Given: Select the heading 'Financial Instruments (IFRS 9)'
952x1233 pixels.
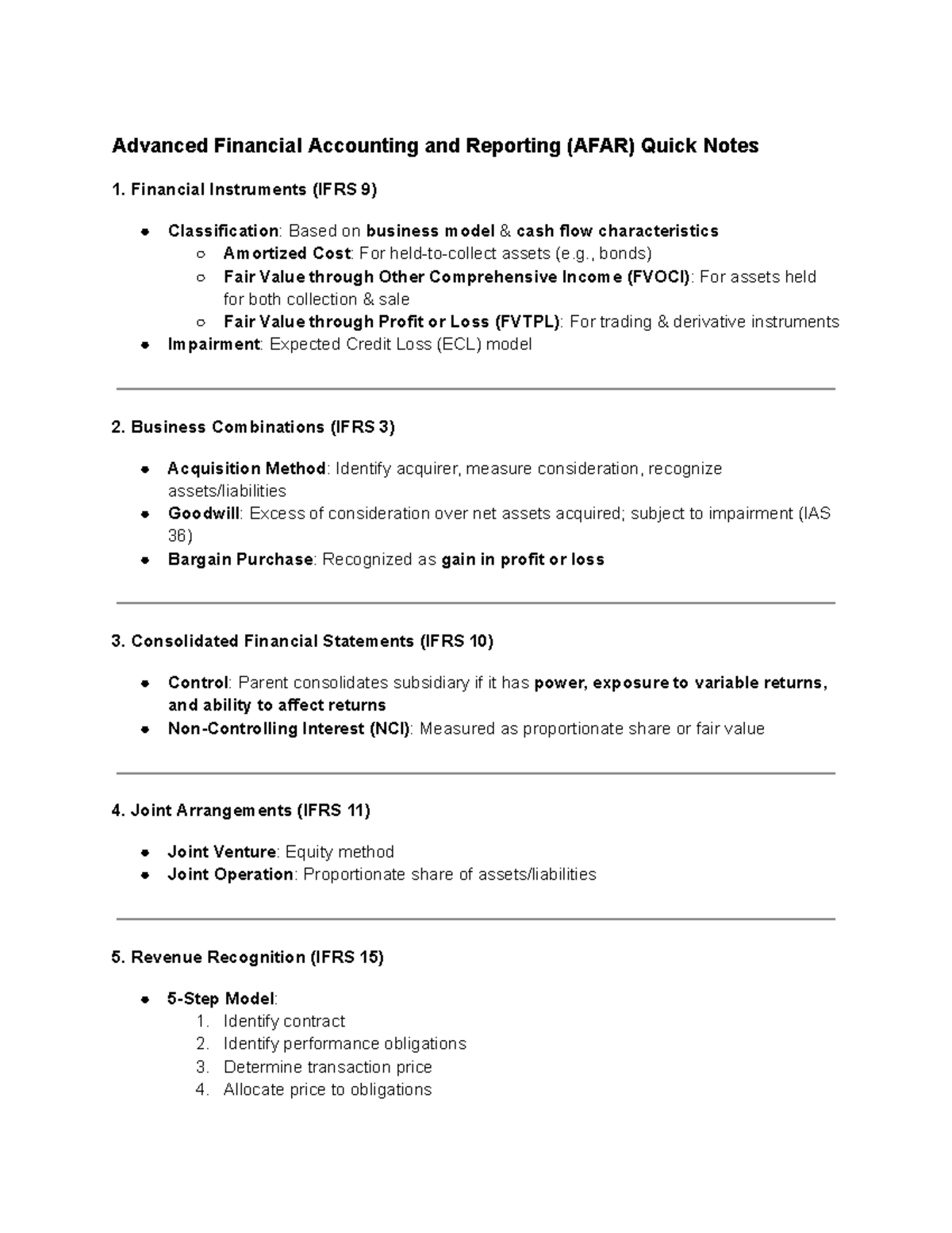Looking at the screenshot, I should click(253, 190).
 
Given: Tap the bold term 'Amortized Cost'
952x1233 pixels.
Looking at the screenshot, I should click(286, 253).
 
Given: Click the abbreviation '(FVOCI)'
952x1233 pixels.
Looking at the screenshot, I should click(658, 277).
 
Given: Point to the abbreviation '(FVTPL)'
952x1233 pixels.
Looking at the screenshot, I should click(528, 322).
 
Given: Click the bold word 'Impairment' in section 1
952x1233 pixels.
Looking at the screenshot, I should click(213, 345).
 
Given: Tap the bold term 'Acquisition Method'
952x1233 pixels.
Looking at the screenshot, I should click(247, 468).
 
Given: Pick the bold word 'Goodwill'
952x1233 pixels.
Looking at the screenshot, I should click(203, 514).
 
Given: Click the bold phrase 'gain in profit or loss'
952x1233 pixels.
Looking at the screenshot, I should click(523, 560).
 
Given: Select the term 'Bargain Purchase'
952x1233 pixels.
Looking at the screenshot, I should click(240, 560).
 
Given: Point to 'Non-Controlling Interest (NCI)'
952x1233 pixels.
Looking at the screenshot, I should click(289, 729).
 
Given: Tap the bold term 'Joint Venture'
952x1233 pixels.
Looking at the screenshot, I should click(221, 852).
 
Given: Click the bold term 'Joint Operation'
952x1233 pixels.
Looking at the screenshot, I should click(230, 875).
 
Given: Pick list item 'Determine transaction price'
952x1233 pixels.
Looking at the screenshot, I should click(328, 1067).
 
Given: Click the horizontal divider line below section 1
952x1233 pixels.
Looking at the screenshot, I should click(476, 389).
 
